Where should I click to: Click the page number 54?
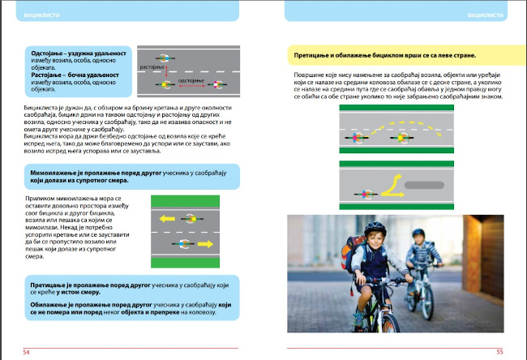(x=27, y=352)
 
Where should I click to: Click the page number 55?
(x=500, y=352)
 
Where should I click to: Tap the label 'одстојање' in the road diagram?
(x=190, y=81)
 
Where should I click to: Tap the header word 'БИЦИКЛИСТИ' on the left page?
(x=41, y=14)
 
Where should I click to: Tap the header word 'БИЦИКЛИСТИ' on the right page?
(x=486, y=14)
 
